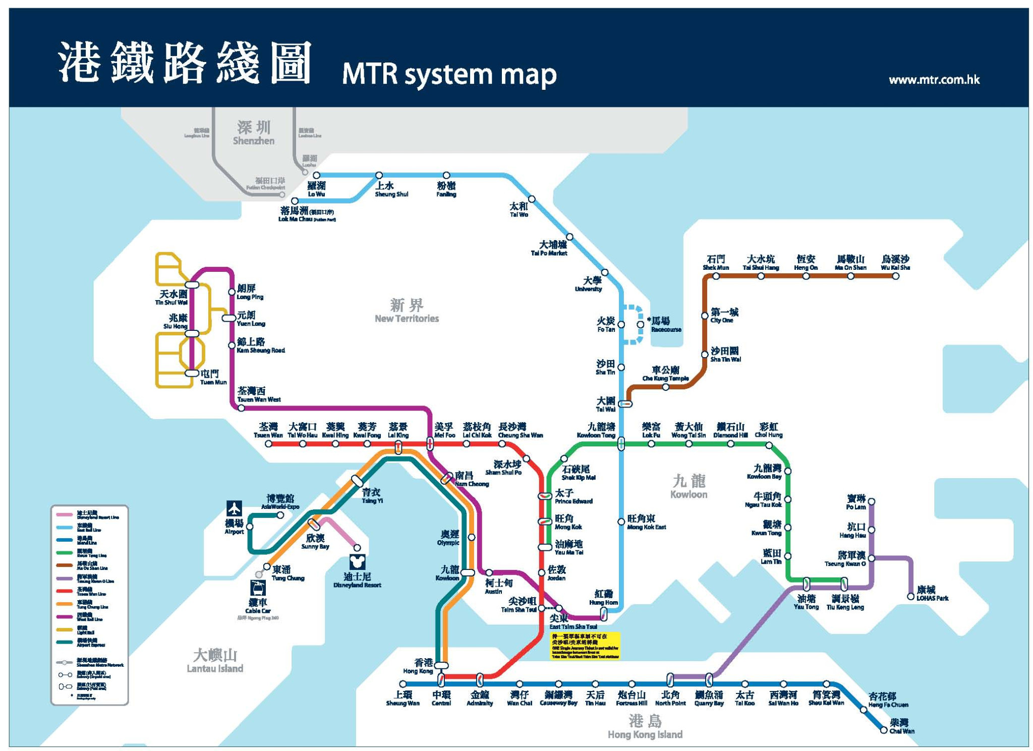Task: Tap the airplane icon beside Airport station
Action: [234, 508]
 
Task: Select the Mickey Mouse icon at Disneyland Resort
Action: [357, 562]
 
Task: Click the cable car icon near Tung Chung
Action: [258, 588]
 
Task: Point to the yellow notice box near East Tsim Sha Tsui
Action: [585, 646]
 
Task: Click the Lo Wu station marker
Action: [316, 176]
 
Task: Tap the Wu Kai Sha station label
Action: [895, 262]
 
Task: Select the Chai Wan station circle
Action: [883, 730]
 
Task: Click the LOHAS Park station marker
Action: [910, 596]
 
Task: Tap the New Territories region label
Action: [407, 310]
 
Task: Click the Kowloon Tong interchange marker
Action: [621, 444]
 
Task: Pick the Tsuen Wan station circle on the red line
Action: [268, 444]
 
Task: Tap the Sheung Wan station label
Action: [403, 698]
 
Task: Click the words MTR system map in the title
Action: [449, 74]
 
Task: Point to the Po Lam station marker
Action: [871, 501]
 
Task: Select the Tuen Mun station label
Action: [212, 377]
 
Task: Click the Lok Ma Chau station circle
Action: [295, 201]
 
